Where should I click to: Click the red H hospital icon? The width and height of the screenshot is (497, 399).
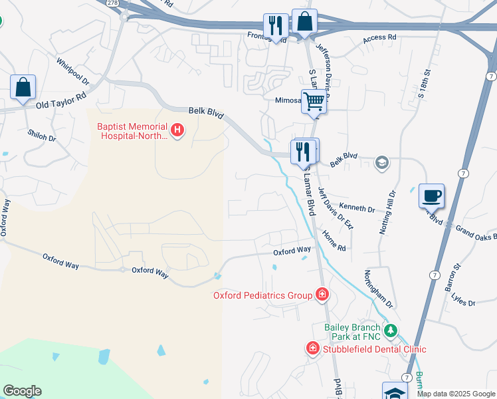click(177, 130)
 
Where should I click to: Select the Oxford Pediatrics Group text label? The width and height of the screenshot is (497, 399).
click(262, 295)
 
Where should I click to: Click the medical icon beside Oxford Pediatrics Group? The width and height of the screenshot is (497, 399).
click(322, 294)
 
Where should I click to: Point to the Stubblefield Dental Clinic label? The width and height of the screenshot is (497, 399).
click(374, 348)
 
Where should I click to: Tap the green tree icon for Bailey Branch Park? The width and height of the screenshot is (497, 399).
click(391, 330)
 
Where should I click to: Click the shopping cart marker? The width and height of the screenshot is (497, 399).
click(314, 102)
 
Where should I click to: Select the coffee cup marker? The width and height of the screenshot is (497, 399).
click(431, 196)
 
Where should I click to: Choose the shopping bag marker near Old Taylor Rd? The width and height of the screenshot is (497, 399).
click(23, 87)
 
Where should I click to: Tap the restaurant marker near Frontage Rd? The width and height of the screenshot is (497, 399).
click(275, 26)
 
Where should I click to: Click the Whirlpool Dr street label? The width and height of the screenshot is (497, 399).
click(72, 71)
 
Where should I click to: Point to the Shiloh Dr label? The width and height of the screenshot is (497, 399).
click(41, 135)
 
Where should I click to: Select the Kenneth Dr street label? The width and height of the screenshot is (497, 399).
click(357, 209)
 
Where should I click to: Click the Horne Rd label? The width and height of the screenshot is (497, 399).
click(334, 240)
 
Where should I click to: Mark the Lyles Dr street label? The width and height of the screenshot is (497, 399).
click(462, 303)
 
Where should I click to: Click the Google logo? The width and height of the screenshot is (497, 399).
click(21, 391)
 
